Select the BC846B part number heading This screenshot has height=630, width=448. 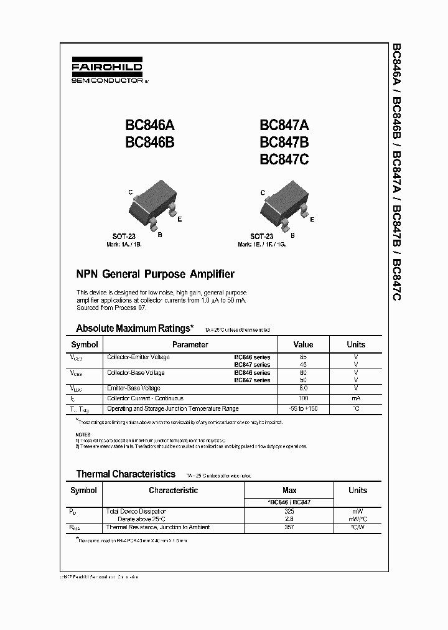click(150, 142)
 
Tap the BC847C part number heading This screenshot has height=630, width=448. click(284, 159)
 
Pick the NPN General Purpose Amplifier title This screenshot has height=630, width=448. click(155, 274)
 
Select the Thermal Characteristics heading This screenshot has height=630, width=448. click(126, 474)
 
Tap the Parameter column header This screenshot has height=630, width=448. click(190, 344)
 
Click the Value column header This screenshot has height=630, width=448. click(303, 344)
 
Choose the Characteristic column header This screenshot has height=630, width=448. click(173, 490)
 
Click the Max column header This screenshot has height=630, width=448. click(289, 490)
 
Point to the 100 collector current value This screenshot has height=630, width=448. click(303, 398)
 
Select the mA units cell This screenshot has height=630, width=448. click(356, 398)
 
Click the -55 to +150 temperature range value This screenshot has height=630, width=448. click(303, 409)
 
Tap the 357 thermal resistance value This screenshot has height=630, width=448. click(289, 527)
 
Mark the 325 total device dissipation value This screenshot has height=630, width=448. click(289, 511)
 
